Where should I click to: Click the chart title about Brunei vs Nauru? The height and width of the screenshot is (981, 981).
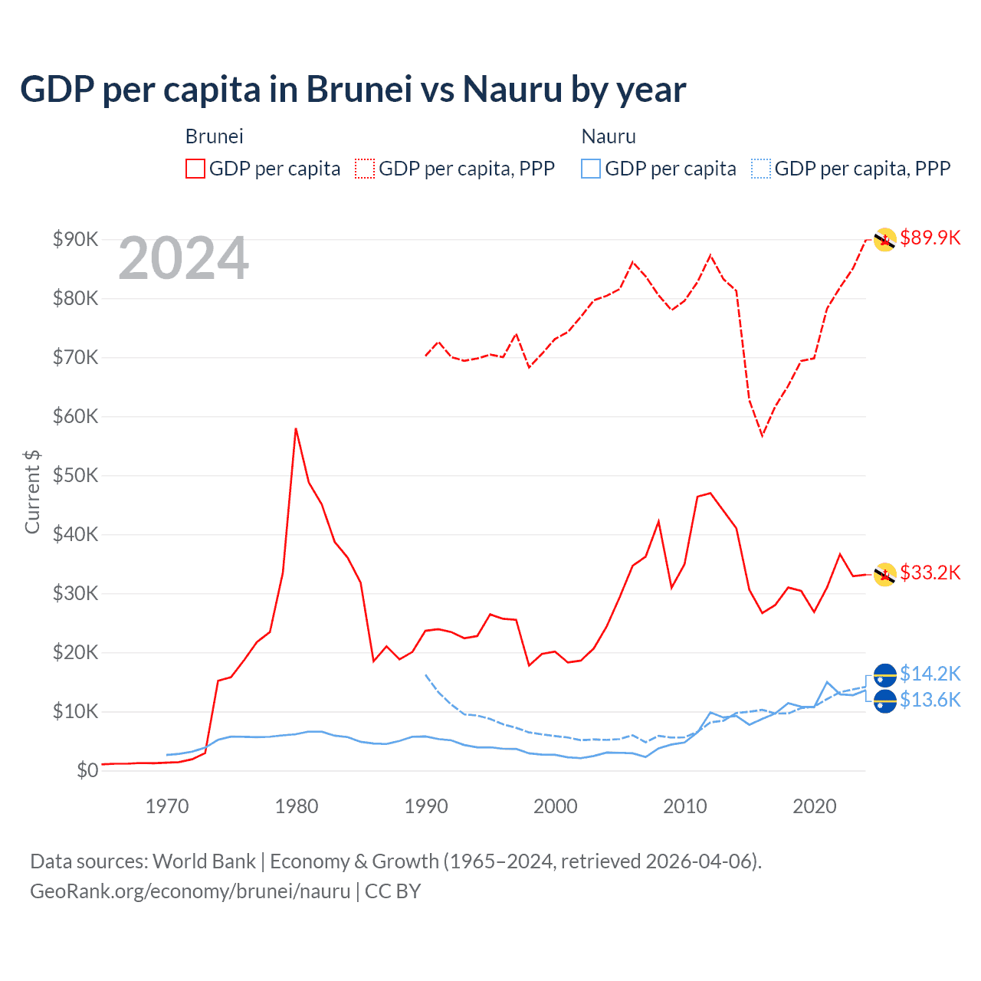tap(353, 90)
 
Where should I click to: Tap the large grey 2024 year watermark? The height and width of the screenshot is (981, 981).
tap(183, 258)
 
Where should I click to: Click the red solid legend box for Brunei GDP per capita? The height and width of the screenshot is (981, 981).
tap(195, 169)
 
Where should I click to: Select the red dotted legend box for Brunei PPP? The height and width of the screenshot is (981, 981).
tap(365, 169)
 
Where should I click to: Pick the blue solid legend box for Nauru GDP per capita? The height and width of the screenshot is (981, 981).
tap(591, 169)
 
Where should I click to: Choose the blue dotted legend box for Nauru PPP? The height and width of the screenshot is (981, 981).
tap(761, 169)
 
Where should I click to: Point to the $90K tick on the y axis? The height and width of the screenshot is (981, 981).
tap(75, 239)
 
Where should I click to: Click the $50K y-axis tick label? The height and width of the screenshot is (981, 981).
tap(75, 475)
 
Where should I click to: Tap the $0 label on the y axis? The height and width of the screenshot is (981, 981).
tap(87, 770)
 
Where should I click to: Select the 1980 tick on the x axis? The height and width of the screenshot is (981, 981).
tap(297, 806)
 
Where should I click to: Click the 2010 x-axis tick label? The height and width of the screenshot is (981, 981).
tap(685, 806)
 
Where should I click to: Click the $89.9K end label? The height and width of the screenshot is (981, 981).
tap(930, 238)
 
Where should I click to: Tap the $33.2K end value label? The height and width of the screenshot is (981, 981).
tap(930, 573)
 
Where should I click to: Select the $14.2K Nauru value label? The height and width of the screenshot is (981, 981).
tap(930, 674)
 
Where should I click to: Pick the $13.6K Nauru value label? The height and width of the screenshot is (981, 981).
tap(930, 700)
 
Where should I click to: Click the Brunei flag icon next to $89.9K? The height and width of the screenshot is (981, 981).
tap(885, 240)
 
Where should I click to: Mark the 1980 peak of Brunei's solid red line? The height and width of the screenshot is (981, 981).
tap(296, 428)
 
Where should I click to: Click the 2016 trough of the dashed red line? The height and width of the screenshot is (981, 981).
tap(762, 435)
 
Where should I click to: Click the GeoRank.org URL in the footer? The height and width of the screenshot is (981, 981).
tap(190, 891)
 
